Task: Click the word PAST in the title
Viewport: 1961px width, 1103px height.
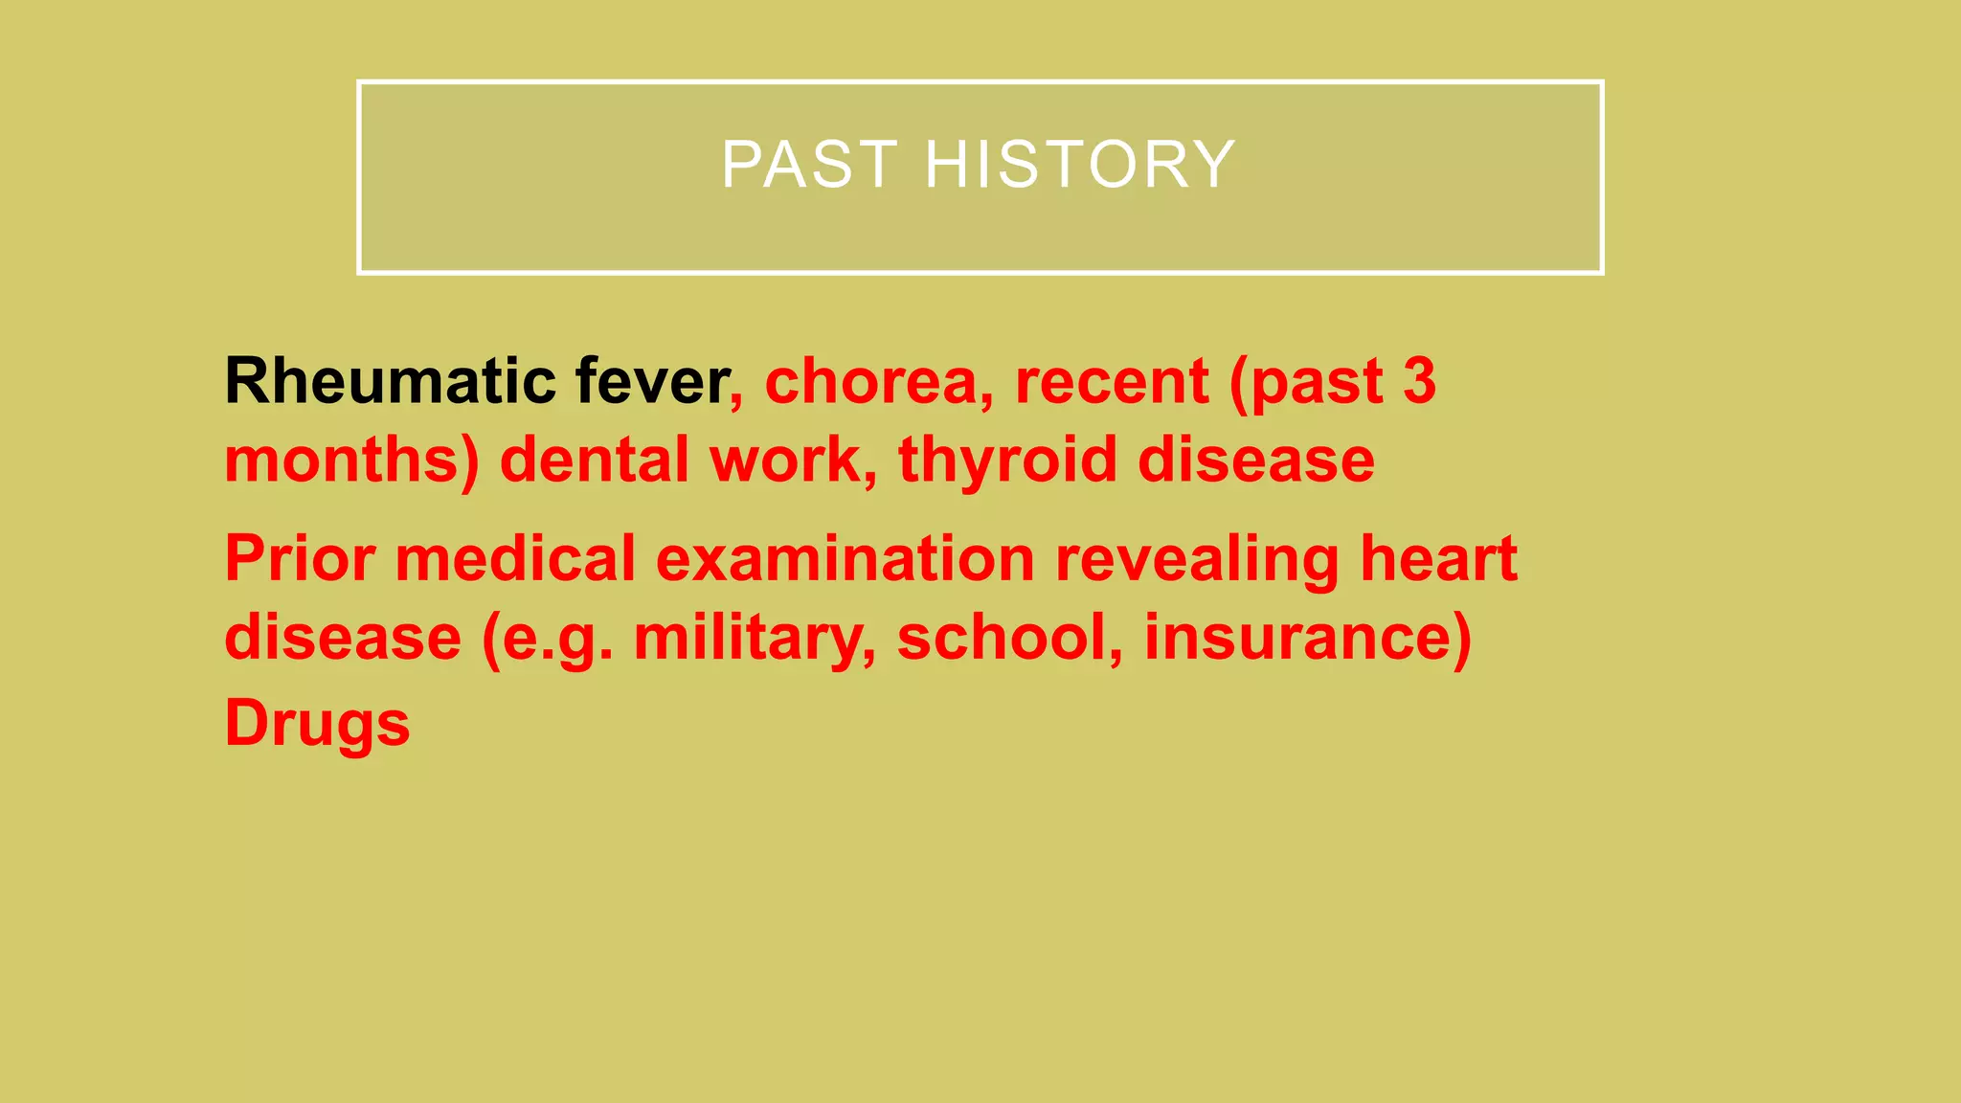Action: [809, 165]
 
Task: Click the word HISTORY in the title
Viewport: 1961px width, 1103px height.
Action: [1080, 165]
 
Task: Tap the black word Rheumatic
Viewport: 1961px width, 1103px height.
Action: [390, 381]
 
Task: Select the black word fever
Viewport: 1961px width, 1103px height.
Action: [652, 381]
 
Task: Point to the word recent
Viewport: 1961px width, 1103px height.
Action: [1111, 381]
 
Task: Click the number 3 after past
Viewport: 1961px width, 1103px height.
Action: [1418, 381]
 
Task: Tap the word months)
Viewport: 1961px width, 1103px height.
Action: [351, 461]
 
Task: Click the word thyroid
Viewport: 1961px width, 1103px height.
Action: [1007, 461]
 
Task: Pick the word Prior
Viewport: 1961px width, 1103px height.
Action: [299, 559]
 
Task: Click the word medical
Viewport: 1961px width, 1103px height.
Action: [515, 559]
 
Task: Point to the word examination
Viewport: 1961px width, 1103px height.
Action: [845, 559]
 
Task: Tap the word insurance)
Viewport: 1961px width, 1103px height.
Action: [1308, 638]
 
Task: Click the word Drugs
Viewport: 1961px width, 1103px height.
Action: [317, 724]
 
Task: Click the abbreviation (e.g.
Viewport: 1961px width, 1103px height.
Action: [547, 640]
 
